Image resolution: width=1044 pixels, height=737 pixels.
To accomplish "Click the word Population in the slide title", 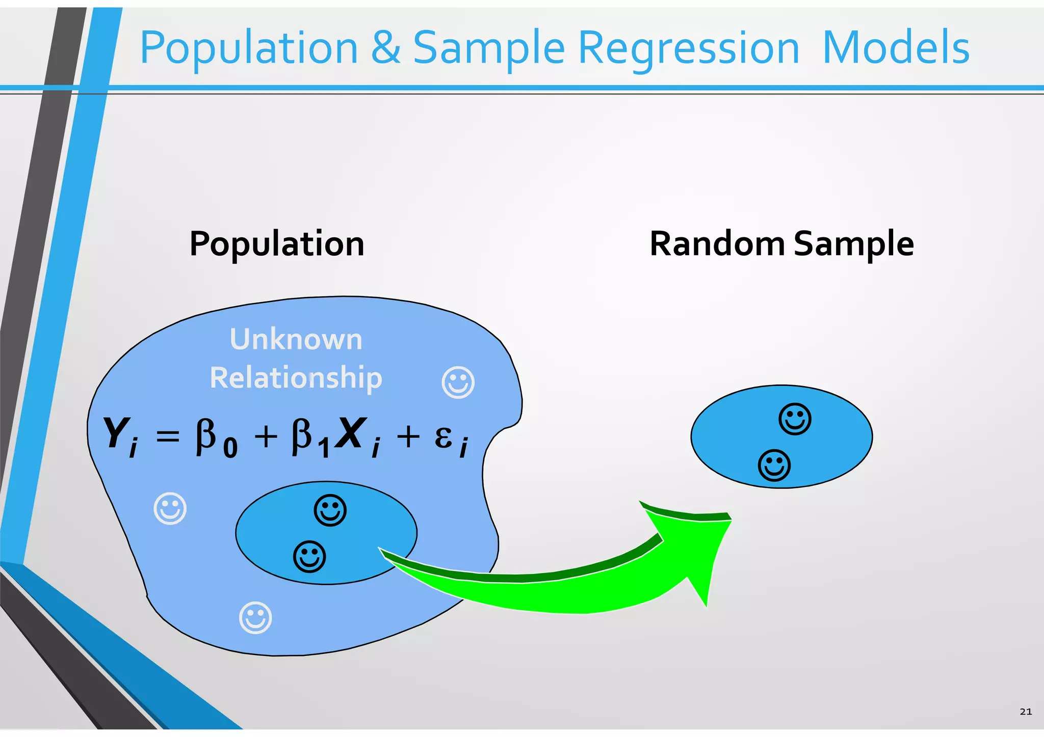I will pos(249,48).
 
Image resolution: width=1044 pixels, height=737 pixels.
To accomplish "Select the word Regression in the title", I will pos(689,48).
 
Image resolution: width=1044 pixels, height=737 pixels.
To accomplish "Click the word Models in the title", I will pos(896,47).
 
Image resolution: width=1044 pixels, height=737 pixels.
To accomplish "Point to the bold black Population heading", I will pos(277,244).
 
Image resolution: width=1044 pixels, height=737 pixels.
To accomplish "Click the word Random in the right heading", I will pos(717,243).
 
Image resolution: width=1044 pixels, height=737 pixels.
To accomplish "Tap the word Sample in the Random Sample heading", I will pos(854,244).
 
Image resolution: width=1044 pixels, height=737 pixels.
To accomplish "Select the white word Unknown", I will pos(296,339).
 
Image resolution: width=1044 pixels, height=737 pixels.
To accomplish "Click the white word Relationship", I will pos(296,378).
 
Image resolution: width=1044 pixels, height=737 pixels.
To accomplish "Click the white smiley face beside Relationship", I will pos(458,382).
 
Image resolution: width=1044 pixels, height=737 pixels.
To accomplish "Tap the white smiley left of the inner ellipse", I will pos(170,508).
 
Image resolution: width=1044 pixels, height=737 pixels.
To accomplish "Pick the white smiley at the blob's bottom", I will pos(255,618).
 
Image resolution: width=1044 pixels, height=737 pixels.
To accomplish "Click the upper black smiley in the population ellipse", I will pos(330,510).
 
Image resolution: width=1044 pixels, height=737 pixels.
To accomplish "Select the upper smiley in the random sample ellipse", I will pos(795,419).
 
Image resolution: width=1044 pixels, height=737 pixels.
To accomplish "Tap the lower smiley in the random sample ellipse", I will pos(774,465).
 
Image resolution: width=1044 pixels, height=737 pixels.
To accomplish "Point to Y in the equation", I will pos(116,433).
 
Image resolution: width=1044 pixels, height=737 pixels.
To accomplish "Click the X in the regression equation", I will pos(352,433).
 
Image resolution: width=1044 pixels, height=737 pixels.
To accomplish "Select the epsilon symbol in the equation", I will pos(443,437).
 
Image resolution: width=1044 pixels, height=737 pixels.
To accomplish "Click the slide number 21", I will pos(1026,712).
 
